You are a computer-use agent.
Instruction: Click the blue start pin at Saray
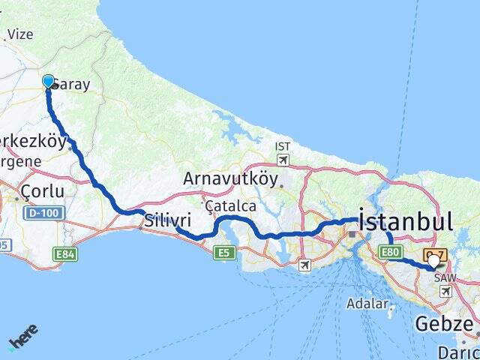coord(49,82)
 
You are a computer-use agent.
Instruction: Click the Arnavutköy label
coord(230,180)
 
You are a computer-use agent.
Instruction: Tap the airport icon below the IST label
coord(282,160)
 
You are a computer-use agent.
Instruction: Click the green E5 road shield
coord(223,252)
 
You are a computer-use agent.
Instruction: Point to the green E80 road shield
coord(390,252)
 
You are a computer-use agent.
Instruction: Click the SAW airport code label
coord(445,277)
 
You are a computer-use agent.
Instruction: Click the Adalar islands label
coord(367,304)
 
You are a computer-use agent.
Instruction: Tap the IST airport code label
coord(282,146)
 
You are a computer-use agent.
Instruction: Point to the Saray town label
coord(72,85)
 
